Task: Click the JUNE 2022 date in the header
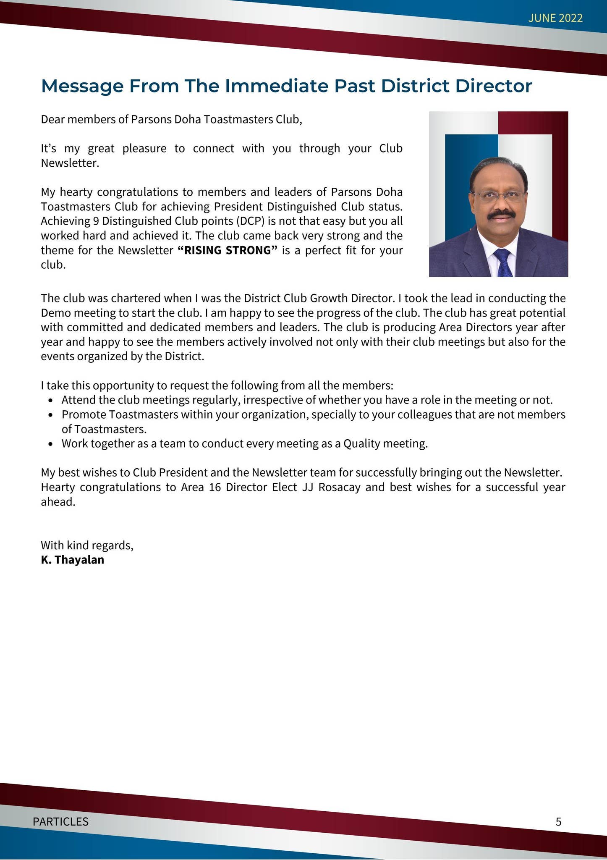tap(555, 18)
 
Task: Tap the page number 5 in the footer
tap(558, 821)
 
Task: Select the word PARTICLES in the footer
tap(60, 821)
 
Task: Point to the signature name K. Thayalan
tap(72, 560)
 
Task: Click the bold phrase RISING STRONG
tap(228, 250)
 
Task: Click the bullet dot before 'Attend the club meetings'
tap(51, 400)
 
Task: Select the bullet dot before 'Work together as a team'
tap(51, 444)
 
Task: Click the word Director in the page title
tap(494, 86)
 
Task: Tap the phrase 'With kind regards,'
tap(87, 545)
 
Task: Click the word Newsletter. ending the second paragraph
tap(70, 163)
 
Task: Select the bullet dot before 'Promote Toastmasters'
tap(51, 415)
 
